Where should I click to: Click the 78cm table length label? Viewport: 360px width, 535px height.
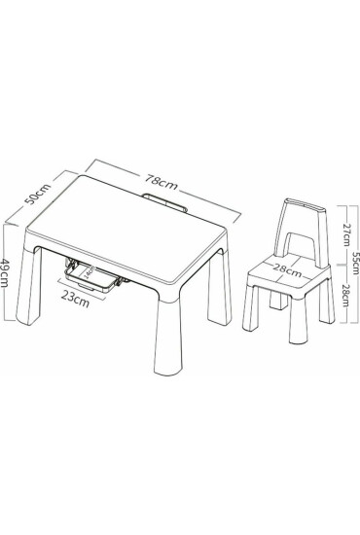tap(162, 183)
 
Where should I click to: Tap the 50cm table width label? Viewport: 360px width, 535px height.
tap(39, 194)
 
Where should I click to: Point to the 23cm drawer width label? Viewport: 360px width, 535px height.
tap(75, 300)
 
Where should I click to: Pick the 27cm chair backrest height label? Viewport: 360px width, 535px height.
tap(346, 234)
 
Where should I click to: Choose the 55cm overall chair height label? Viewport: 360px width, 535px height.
tap(355, 263)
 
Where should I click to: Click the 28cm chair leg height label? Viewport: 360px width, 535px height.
tap(345, 295)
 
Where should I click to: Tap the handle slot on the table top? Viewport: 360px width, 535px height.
tap(164, 202)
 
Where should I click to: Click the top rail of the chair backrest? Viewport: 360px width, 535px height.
tap(306, 204)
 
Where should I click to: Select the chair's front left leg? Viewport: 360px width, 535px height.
tap(250, 307)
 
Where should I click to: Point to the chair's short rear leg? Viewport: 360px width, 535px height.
tap(278, 302)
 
